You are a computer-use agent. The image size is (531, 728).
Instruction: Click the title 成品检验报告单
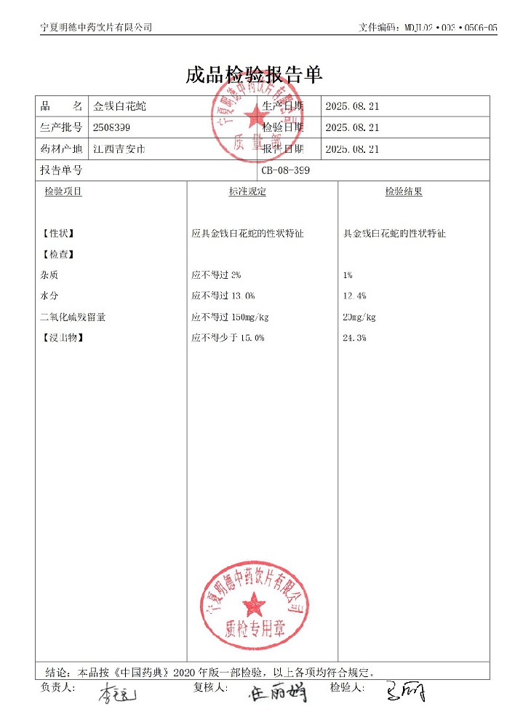coord(254,75)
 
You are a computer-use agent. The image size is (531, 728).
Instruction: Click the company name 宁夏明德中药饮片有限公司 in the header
coord(96,27)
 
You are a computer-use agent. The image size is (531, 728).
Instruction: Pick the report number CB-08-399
coord(289,170)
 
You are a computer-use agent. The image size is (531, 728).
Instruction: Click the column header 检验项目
coord(63,191)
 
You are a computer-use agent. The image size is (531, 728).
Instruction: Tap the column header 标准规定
coord(247,191)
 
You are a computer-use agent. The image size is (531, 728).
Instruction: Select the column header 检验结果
coord(404,191)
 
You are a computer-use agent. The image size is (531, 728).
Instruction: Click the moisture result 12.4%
coord(354,296)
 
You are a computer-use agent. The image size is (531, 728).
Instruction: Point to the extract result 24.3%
coord(354,339)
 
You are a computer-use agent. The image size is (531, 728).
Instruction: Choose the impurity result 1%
coord(348,275)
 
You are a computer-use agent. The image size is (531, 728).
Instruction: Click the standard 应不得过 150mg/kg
coord(230,317)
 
